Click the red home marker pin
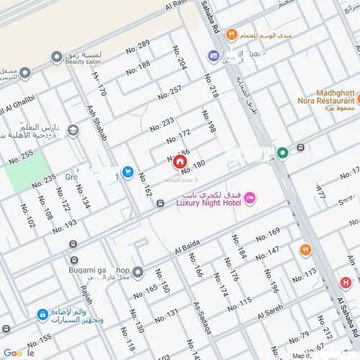pyautogui.click(x=179, y=161)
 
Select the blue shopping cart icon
pyautogui.click(x=127, y=171)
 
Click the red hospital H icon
pyautogui.click(x=346, y=283)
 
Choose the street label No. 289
pyautogui.click(x=138, y=50)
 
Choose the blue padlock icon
pyautogui.click(x=42, y=315)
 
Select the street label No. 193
pyautogui.click(x=65, y=228)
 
